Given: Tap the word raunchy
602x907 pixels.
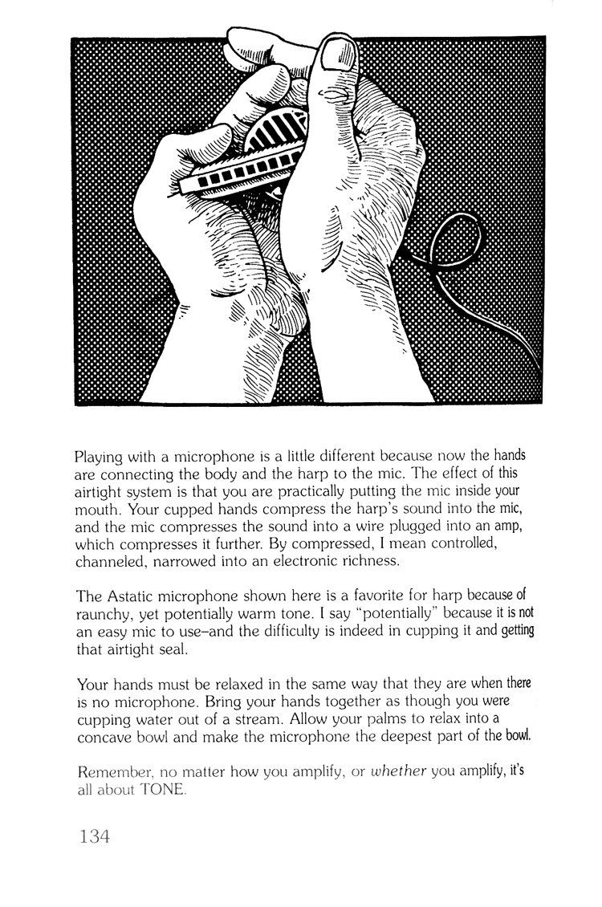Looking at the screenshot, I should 103,615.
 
